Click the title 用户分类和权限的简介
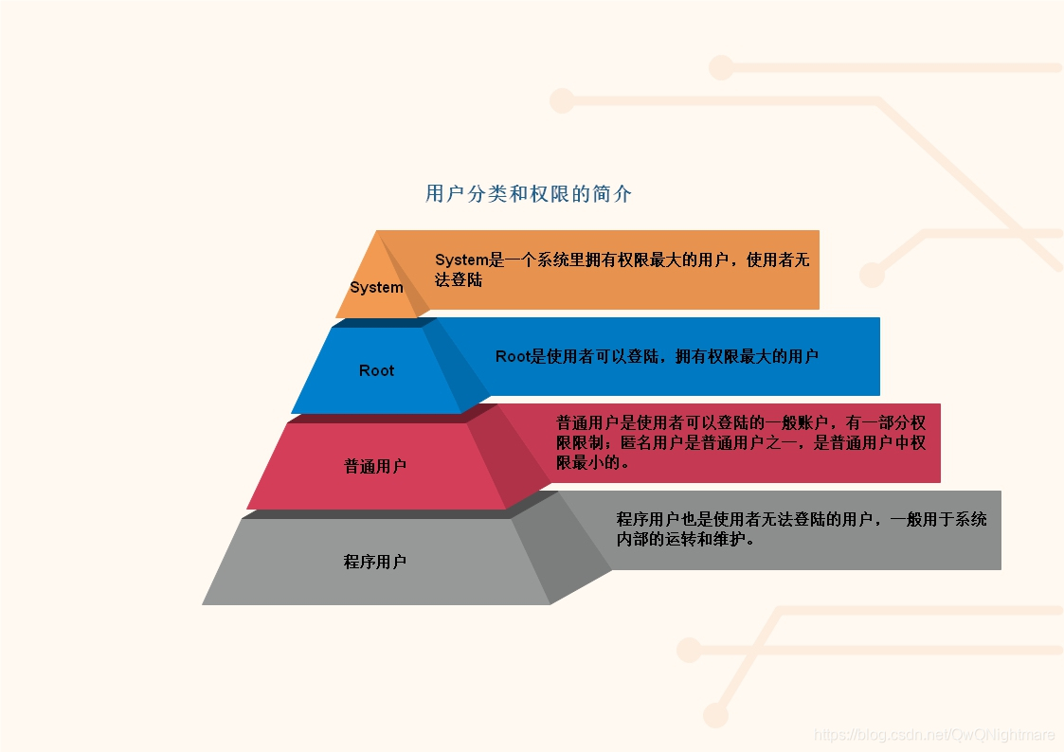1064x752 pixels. [x=529, y=194]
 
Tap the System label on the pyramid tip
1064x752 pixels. [x=376, y=287]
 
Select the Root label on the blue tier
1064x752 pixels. [x=376, y=370]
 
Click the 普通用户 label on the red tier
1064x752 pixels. [x=375, y=466]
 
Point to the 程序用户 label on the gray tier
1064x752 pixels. [x=375, y=562]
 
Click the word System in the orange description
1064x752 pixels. [x=461, y=260]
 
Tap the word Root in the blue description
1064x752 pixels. [x=512, y=357]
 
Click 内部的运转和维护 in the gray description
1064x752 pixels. [x=685, y=540]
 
